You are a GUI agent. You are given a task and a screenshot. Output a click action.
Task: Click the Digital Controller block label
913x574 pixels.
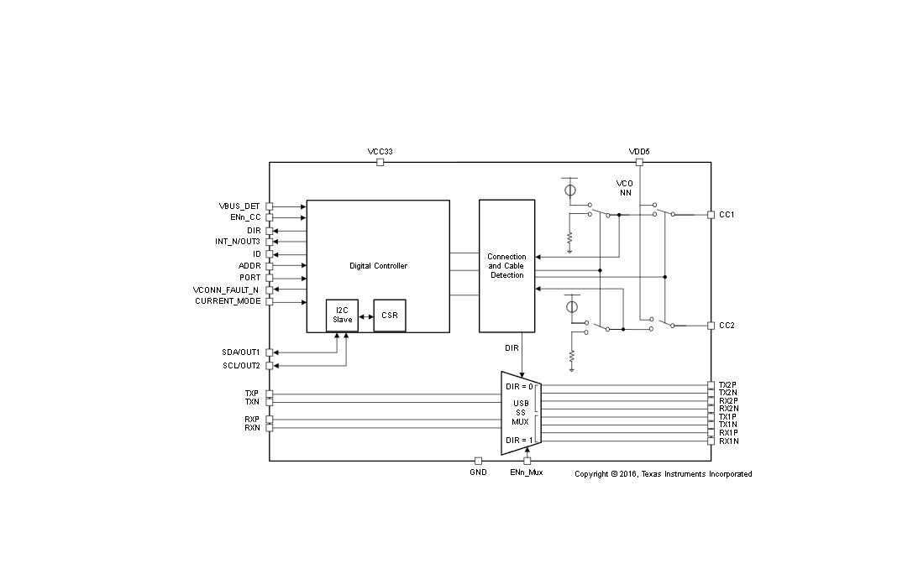click(378, 266)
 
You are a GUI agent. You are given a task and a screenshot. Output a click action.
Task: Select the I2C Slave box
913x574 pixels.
click(342, 316)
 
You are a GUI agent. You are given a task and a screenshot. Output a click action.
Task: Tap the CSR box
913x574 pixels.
click(390, 316)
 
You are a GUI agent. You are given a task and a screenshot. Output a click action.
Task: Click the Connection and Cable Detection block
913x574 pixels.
click(506, 266)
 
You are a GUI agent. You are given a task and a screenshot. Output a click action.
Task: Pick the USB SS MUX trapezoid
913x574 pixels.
click(521, 413)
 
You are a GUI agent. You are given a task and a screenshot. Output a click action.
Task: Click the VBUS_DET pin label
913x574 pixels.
click(239, 206)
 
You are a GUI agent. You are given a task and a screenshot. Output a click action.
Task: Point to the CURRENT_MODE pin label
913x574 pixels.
click(228, 301)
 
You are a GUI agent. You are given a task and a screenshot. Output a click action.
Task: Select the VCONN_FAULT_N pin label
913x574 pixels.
click(226, 290)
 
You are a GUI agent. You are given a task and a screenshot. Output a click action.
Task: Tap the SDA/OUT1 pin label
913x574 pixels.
click(240, 352)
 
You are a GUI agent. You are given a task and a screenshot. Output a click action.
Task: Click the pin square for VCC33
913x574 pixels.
click(380, 162)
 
